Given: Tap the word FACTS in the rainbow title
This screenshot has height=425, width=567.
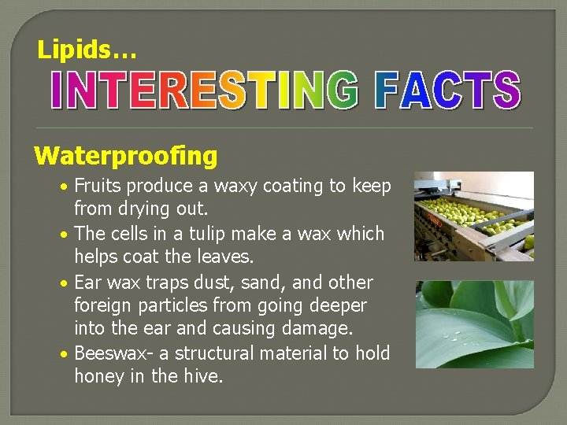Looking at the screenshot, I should click(447, 91).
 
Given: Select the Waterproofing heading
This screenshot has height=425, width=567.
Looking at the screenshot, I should click(125, 156).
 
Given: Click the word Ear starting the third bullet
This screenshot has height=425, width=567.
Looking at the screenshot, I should click(88, 282).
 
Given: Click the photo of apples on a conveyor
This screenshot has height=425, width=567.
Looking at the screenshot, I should click(473, 216).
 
